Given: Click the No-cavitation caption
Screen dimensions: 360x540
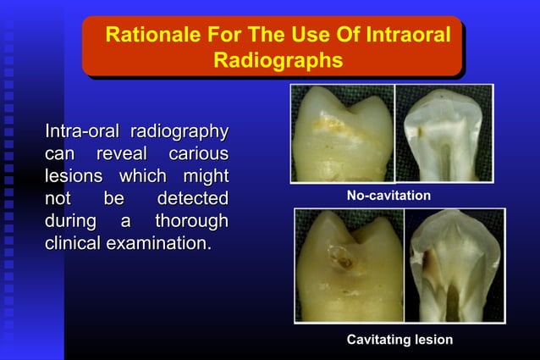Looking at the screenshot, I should coord(388,196).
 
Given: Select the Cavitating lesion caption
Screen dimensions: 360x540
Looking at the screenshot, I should coord(399,339).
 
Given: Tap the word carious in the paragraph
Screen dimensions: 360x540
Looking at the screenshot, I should coord(198,154).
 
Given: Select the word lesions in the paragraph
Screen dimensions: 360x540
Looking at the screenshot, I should coord(73,176).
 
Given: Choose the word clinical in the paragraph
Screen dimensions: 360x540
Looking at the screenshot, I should coord(73,244).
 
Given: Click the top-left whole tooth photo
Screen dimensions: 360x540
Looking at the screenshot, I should coord(340,134).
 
